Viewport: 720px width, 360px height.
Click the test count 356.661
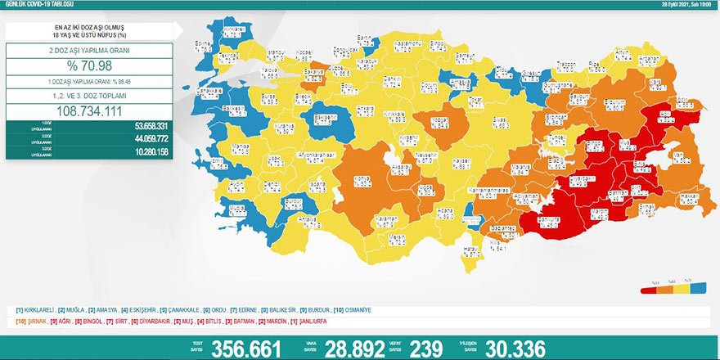[245, 349]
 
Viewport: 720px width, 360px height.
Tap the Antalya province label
[308, 219]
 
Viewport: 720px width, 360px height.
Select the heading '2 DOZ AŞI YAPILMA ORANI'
[90, 48]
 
